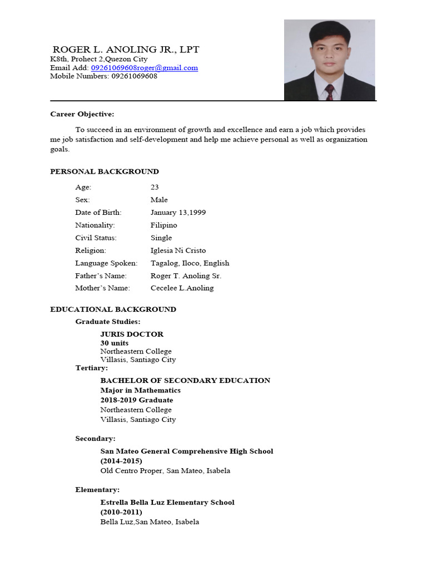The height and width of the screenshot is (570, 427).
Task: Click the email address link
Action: click(x=145, y=68)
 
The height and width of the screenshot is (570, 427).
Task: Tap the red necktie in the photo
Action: click(x=329, y=92)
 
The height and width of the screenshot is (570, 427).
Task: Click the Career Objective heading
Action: click(x=82, y=114)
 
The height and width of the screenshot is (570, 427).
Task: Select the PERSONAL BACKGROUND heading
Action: click(x=105, y=171)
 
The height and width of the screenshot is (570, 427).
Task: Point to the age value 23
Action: click(x=155, y=187)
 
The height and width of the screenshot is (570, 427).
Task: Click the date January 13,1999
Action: click(x=178, y=213)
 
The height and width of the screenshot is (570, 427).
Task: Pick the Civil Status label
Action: click(x=96, y=238)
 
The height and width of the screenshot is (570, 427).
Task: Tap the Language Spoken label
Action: click(x=106, y=263)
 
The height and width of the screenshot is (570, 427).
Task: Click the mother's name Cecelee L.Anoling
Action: click(x=182, y=288)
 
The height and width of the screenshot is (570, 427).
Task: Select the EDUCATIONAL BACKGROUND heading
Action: click(x=113, y=309)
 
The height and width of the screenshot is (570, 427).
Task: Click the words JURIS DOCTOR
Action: click(x=132, y=334)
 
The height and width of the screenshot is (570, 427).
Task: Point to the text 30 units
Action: click(x=114, y=343)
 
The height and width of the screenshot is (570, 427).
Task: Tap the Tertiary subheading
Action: click(x=92, y=368)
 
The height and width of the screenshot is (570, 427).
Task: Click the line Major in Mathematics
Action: click(x=140, y=390)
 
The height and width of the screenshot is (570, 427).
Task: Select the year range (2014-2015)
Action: click(x=121, y=461)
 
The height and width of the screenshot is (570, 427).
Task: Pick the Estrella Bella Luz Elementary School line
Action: click(x=167, y=502)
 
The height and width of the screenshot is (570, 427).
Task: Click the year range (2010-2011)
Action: click(x=121, y=512)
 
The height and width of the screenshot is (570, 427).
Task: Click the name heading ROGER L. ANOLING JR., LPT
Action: click(x=126, y=50)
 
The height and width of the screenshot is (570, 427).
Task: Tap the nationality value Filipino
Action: click(x=163, y=225)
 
